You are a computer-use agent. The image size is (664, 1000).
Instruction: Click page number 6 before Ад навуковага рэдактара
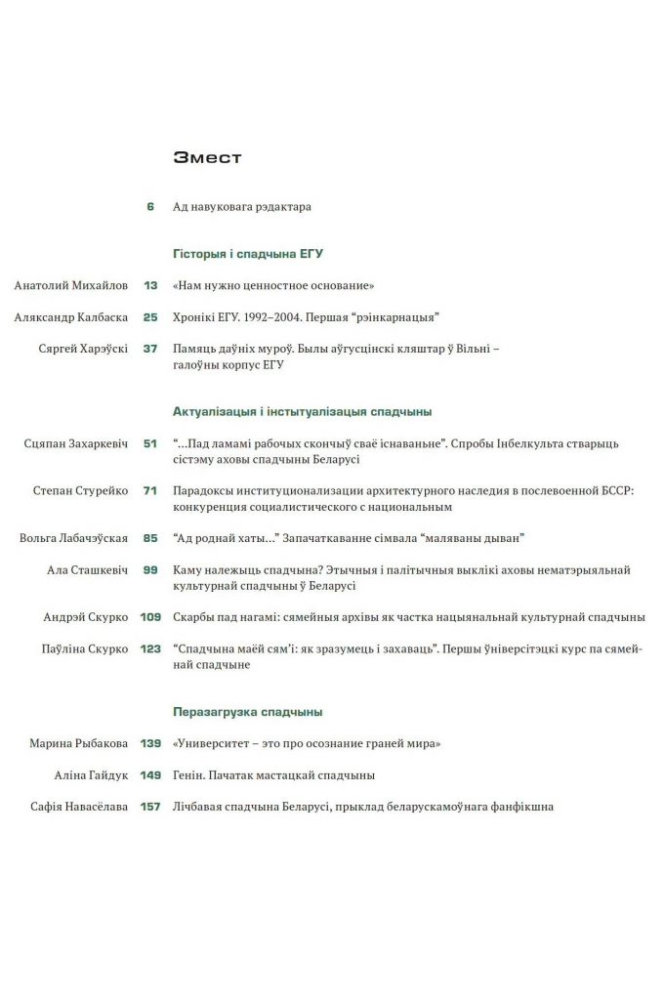coord(150,207)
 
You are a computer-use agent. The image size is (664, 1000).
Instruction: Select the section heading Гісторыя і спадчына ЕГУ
coord(247,253)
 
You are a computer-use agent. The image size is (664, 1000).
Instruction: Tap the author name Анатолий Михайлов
coord(71,285)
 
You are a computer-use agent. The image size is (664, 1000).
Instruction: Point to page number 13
coord(150,285)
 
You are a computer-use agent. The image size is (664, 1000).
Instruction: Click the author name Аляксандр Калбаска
coord(71,316)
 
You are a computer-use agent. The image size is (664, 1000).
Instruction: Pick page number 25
coord(150,316)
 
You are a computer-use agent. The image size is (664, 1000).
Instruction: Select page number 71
coord(150,490)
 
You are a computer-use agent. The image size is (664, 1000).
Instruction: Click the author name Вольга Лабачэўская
coord(73,537)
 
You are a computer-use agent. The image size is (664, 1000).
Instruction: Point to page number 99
coord(150,569)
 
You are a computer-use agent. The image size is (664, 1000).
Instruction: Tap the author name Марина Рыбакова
coord(79,743)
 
